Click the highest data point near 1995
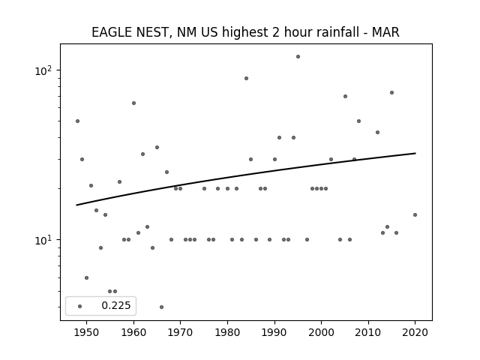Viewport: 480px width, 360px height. pyautogui.click(x=298, y=57)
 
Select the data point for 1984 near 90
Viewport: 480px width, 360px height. pyautogui.click(x=247, y=78)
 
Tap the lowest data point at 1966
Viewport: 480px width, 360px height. pyautogui.click(x=162, y=307)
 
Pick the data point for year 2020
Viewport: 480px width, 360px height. pyautogui.click(x=415, y=215)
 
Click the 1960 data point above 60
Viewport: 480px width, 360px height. pyautogui.click(x=133, y=103)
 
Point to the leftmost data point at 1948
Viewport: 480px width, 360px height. pyautogui.click(x=77, y=121)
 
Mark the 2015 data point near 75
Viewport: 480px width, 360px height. pyautogui.click(x=391, y=93)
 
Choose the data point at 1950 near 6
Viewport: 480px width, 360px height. pyautogui.click(x=87, y=278)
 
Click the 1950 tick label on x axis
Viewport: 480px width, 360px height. pyautogui.click(x=87, y=332)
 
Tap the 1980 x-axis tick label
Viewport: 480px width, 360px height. pyautogui.click(x=227, y=332)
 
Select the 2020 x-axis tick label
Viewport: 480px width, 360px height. pyautogui.click(x=415, y=332)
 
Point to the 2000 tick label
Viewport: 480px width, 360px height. pyautogui.click(x=322, y=332)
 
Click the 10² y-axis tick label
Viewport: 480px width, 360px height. pyautogui.click(x=43, y=70)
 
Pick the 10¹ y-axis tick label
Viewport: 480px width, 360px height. pyautogui.click(x=43, y=240)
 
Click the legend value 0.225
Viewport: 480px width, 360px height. pyautogui.click(x=116, y=305)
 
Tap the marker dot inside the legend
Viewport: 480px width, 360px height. pyautogui.click(x=80, y=307)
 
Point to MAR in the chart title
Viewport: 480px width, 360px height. pyautogui.click(x=385, y=32)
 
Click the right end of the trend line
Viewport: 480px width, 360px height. pyautogui.click(x=415, y=153)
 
